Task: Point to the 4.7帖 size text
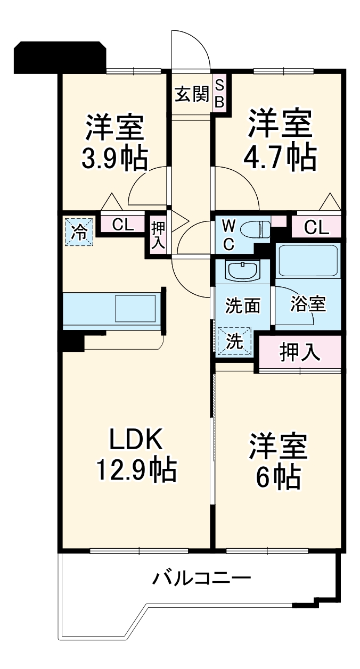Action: (280, 157)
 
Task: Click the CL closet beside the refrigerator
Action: (122, 225)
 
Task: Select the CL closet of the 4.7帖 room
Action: (316, 228)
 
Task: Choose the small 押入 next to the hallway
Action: (158, 235)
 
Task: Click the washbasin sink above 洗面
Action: (243, 270)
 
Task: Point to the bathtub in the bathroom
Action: (308, 261)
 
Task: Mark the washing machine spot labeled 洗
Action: (235, 341)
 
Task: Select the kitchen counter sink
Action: (136, 309)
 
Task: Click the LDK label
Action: (135, 440)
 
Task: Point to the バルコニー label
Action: (202, 577)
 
